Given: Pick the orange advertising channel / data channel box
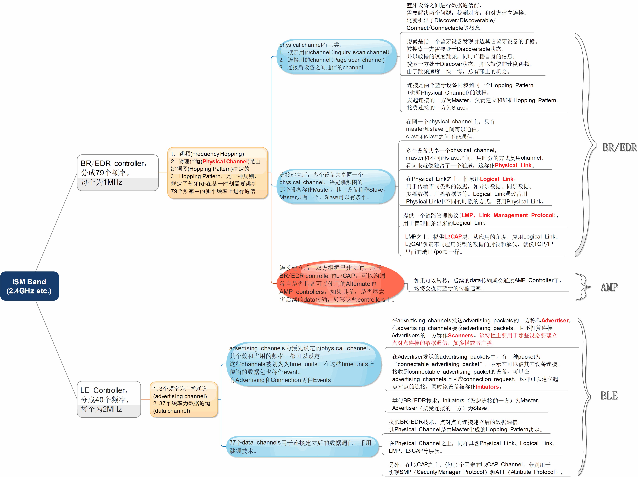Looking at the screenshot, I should coord(183,399).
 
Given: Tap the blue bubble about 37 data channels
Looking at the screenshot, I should coord(302,446).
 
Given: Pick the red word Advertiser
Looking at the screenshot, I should coord(555,320).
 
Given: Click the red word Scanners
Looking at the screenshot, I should coord(460,335).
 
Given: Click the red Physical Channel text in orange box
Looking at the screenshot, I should coord(225,161).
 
